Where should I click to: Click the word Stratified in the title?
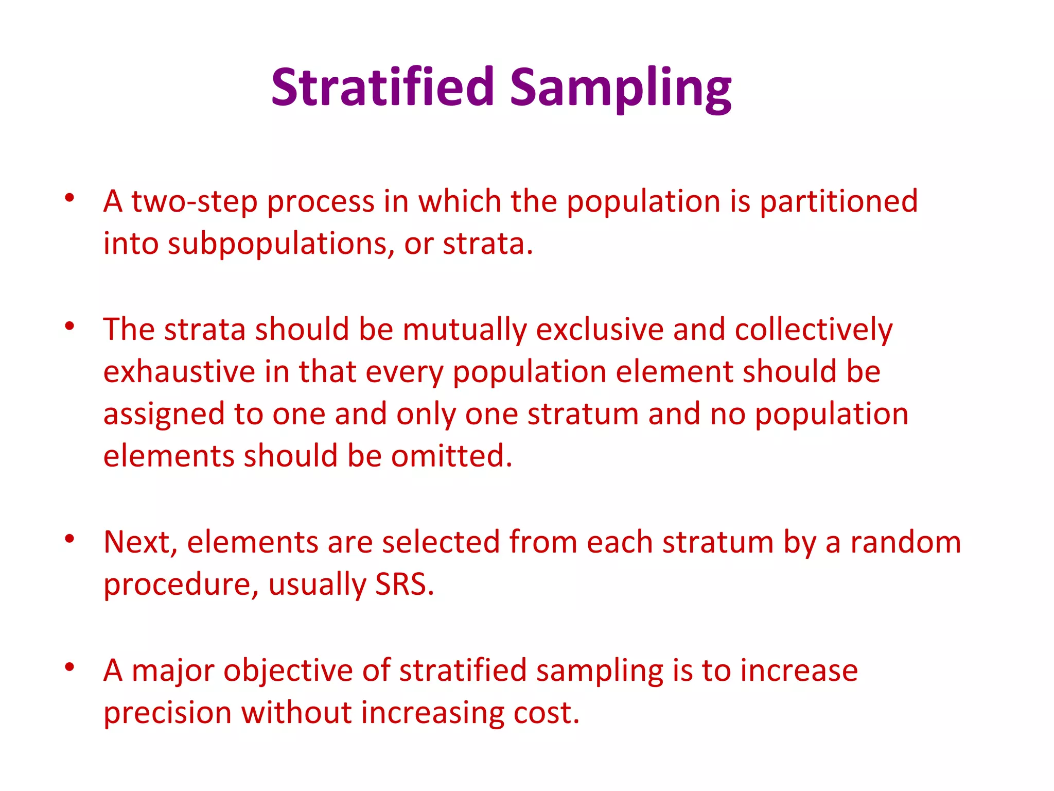click(382, 88)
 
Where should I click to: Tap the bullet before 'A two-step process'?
click(69, 198)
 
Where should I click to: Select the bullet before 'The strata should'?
click(69, 326)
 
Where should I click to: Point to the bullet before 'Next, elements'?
click(69, 539)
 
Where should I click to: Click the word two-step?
click(194, 202)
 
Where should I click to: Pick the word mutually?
click(464, 330)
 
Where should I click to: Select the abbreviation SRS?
click(404, 585)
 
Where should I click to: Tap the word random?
click(905, 543)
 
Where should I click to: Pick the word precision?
click(167, 714)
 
